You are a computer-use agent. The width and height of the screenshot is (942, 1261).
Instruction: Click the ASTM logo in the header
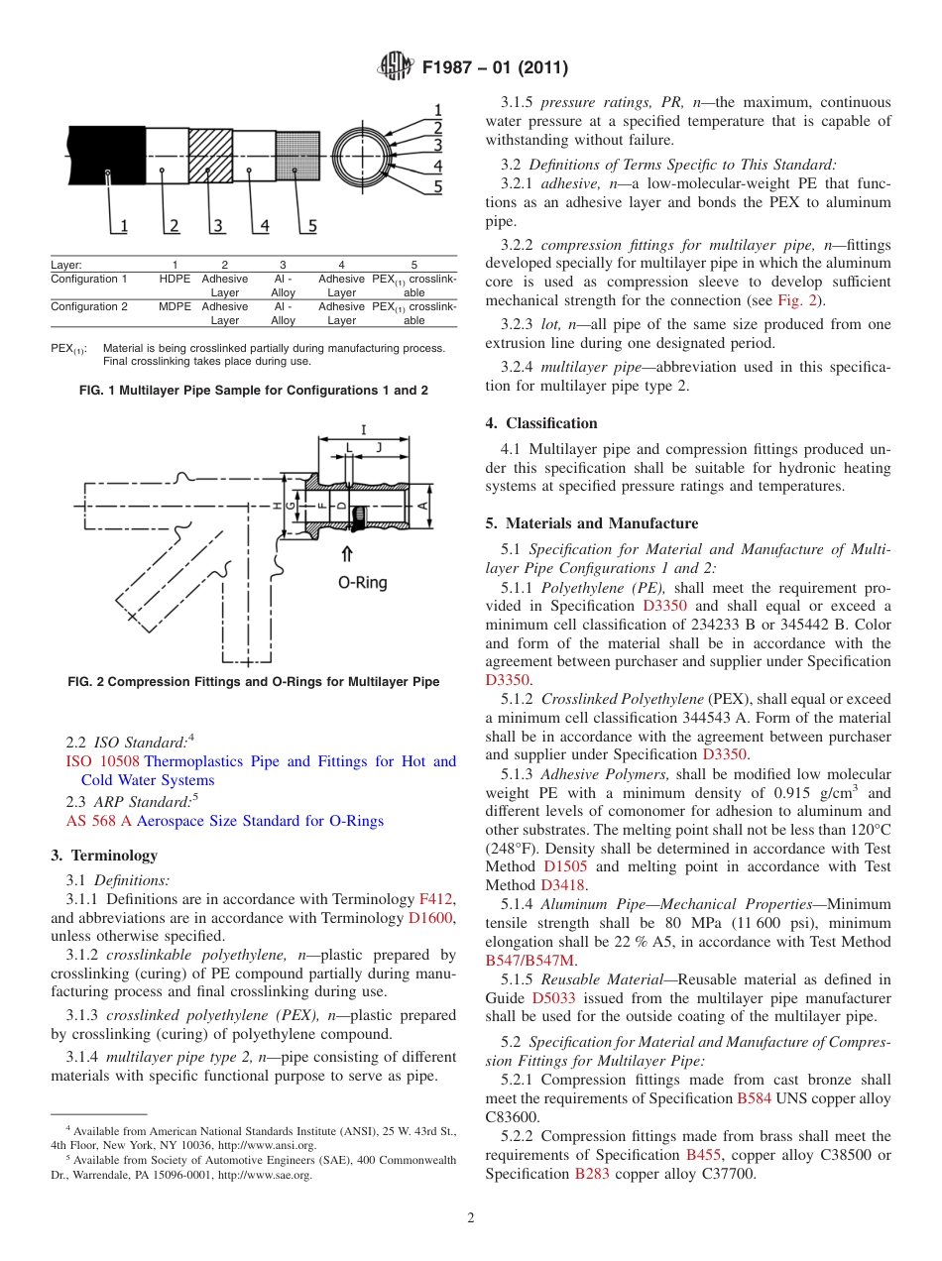click(395, 67)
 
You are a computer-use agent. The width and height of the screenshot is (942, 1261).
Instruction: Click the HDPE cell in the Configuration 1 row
click(175, 280)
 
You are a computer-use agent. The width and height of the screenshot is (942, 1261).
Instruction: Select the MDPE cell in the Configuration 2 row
click(175, 307)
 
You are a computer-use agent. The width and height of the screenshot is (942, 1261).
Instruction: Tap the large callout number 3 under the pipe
click(217, 226)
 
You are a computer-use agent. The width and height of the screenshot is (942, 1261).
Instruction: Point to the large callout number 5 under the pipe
click(311, 226)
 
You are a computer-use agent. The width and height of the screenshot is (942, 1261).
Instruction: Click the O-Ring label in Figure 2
click(362, 583)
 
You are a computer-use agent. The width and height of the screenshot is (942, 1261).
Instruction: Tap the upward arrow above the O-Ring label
click(346, 555)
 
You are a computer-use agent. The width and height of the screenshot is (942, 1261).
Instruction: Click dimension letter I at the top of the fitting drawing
click(363, 429)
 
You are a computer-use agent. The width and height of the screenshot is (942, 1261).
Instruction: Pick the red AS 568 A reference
click(98, 821)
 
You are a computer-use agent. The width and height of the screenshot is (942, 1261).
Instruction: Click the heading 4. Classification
click(541, 423)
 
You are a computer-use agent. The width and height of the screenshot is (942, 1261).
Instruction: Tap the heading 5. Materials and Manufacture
click(592, 523)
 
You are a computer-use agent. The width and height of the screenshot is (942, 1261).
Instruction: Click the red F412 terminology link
click(436, 899)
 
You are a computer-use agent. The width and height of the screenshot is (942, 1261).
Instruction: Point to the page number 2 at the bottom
click(470, 1217)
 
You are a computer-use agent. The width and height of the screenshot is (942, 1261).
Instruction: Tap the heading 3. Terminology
click(104, 856)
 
